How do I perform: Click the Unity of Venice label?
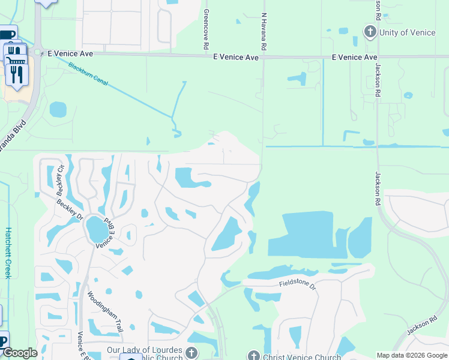(x=408, y=32)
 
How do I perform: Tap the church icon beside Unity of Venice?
(x=370, y=32)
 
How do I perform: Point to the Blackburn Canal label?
(x=88, y=74)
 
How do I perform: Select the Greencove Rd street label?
(x=206, y=29)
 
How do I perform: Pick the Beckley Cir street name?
(x=60, y=181)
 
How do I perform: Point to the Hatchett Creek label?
(x=8, y=252)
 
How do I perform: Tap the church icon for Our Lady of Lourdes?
(x=191, y=352)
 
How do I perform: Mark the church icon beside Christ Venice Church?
(x=253, y=356)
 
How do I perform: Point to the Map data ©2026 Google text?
(x=412, y=355)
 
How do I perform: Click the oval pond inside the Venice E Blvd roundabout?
(x=96, y=229)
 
